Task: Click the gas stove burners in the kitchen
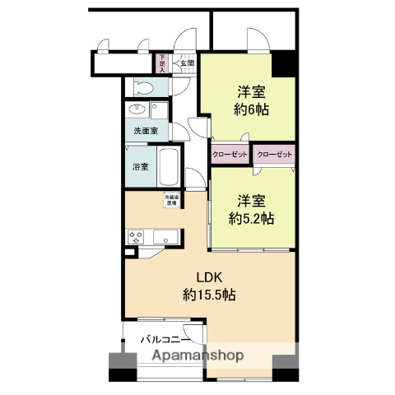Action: [x=136, y=236]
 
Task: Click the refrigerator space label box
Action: [x=170, y=199]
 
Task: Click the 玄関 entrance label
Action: [x=188, y=63]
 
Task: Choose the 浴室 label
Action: [x=141, y=166]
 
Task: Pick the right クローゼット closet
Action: [x=274, y=154]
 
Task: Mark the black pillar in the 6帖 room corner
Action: [x=284, y=63]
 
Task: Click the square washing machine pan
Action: [x=156, y=110]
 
